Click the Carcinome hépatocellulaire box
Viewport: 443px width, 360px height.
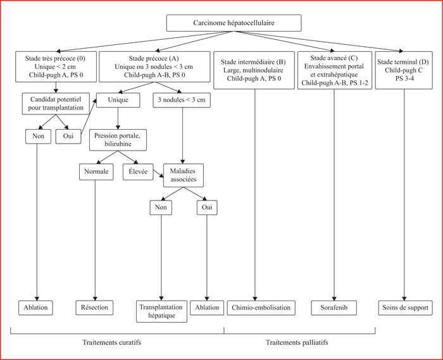tap(234, 23)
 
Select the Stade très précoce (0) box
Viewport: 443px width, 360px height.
tap(56, 66)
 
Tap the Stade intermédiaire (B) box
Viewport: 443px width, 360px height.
tap(254, 70)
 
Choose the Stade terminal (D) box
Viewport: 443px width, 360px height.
tap(404, 70)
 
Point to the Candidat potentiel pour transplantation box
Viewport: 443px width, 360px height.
tap(56, 104)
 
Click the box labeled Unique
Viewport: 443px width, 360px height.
tap(118, 100)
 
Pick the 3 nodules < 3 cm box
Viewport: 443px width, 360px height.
tap(182, 100)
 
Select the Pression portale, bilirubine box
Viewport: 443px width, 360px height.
tap(118, 140)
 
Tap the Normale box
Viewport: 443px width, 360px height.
tap(96, 171)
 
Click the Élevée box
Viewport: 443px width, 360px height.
tap(138, 171)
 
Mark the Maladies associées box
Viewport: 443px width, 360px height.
tap(184, 175)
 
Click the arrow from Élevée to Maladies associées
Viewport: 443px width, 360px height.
tap(158, 173)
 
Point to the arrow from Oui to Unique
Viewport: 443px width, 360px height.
tap(89, 116)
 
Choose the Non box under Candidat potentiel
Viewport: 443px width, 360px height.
tap(38, 137)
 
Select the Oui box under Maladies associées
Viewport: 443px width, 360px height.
tap(207, 208)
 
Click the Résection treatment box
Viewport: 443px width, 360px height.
tap(94, 307)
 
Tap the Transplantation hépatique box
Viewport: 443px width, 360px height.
tap(161, 311)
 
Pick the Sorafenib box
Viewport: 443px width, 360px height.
tap(334, 307)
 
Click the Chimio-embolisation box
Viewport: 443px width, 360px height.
tap(261, 307)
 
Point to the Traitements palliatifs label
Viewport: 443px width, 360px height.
tap(297, 342)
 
